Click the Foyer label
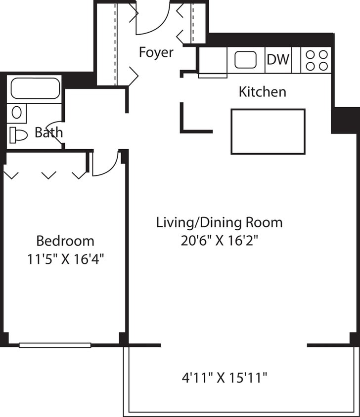(x=156, y=52)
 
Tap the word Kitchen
(x=263, y=92)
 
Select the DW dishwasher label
(x=278, y=60)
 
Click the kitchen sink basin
(x=246, y=60)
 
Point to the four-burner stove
(x=316, y=60)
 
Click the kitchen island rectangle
(x=268, y=131)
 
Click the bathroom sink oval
(x=17, y=113)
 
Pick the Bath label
(x=48, y=132)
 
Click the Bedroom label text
(x=65, y=241)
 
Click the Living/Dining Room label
(x=219, y=222)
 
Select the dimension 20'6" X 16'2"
(x=219, y=241)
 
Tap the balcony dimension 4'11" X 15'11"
(x=225, y=378)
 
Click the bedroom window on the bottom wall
(x=55, y=345)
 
